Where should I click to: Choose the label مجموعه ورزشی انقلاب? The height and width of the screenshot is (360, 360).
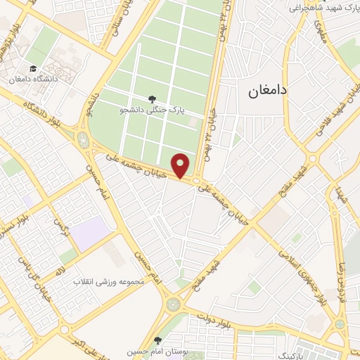tap(111, 281)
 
